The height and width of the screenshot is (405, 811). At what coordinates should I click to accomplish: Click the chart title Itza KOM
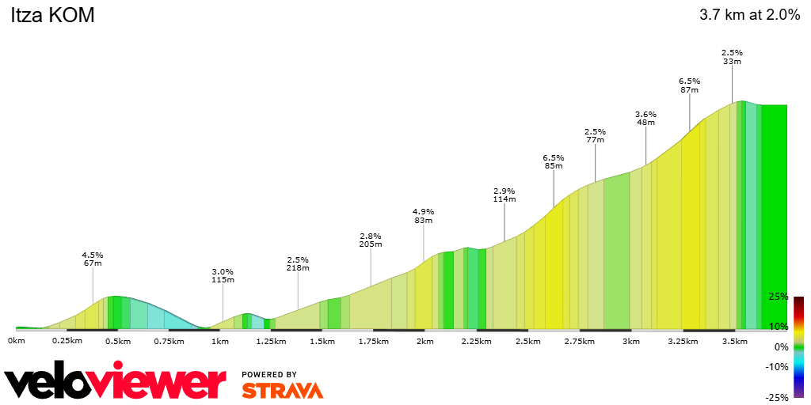tap(52, 16)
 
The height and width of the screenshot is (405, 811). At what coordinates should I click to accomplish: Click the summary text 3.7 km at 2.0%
tap(749, 15)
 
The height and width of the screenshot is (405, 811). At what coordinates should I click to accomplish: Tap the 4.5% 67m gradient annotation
tap(93, 259)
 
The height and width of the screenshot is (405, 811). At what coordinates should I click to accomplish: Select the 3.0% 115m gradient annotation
tap(223, 275)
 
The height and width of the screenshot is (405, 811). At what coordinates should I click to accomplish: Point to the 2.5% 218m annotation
tap(298, 264)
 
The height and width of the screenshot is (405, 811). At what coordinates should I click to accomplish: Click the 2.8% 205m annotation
tap(371, 240)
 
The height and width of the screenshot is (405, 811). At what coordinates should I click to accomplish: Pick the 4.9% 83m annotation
tap(424, 216)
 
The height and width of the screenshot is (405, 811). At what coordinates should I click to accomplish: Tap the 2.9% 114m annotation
tap(504, 195)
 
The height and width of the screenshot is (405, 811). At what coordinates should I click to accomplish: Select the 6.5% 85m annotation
tap(554, 161)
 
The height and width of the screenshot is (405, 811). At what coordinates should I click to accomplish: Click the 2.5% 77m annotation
tap(595, 136)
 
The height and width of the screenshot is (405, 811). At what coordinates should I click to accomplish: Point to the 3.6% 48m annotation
tap(646, 118)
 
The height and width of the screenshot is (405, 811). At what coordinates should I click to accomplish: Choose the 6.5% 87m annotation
tap(690, 85)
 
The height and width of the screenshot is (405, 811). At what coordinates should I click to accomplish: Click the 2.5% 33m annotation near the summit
tap(732, 57)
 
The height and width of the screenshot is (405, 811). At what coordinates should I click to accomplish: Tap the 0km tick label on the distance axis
tap(17, 341)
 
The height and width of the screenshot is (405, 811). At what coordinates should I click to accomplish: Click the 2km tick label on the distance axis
tap(425, 341)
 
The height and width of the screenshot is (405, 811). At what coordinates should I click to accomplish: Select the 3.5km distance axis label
tap(734, 341)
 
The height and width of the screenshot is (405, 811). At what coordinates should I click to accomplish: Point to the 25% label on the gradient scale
tap(779, 297)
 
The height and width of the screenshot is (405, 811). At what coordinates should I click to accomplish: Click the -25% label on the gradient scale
tap(777, 398)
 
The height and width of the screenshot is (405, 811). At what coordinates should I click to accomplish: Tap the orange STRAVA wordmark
tap(282, 390)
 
